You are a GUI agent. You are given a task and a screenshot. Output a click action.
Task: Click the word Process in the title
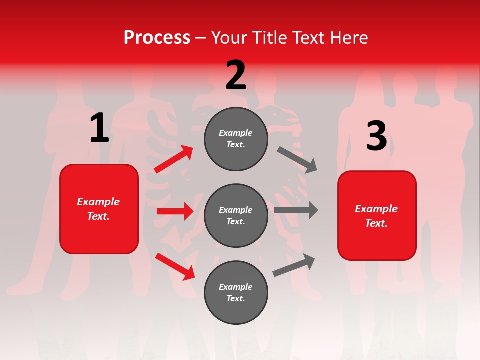pos(157,38)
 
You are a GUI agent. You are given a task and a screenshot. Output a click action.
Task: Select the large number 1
pos(99,128)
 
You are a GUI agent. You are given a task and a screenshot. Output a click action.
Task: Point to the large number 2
pos(236,75)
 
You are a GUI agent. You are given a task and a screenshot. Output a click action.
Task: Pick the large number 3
pos(376,136)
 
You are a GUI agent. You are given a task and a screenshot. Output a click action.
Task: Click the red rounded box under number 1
pos(99,209)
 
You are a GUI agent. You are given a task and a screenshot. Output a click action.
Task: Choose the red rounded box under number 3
pos(377,215)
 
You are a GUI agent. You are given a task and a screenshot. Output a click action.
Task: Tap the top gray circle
pos(236,139)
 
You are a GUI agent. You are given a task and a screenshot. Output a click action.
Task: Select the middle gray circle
pos(236,215)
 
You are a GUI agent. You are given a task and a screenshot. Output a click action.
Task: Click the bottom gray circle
pos(236,292)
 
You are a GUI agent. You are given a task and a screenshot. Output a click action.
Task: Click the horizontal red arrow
pos(175,211)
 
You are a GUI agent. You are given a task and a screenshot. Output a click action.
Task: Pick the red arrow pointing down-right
pos(175,266)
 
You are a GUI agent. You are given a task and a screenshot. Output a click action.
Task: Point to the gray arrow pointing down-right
pos(297,159)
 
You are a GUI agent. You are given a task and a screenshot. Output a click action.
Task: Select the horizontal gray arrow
pos(296,210)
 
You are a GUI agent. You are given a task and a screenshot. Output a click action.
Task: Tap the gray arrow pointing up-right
pos(294,265)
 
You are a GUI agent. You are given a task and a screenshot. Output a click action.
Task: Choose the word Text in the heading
pos(308,38)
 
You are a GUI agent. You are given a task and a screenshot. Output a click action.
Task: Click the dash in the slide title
pos(201,38)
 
